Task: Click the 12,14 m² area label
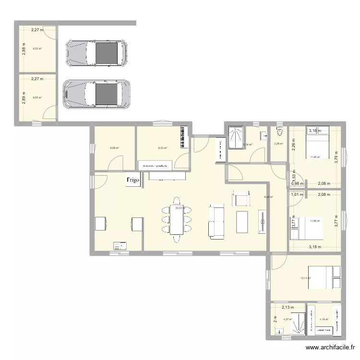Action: pos(305,278)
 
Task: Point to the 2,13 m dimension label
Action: pos(288,308)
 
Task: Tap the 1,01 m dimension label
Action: pos(297,194)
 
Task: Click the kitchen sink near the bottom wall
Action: pos(120,246)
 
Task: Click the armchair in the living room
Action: pos(241,198)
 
